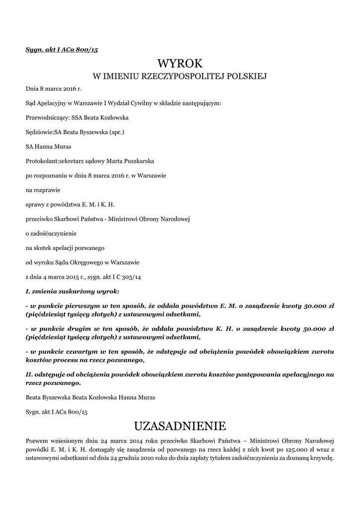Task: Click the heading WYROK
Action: point(180,63)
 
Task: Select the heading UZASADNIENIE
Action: point(180,426)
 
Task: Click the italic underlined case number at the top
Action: point(62,49)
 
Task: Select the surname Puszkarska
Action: point(137,161)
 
